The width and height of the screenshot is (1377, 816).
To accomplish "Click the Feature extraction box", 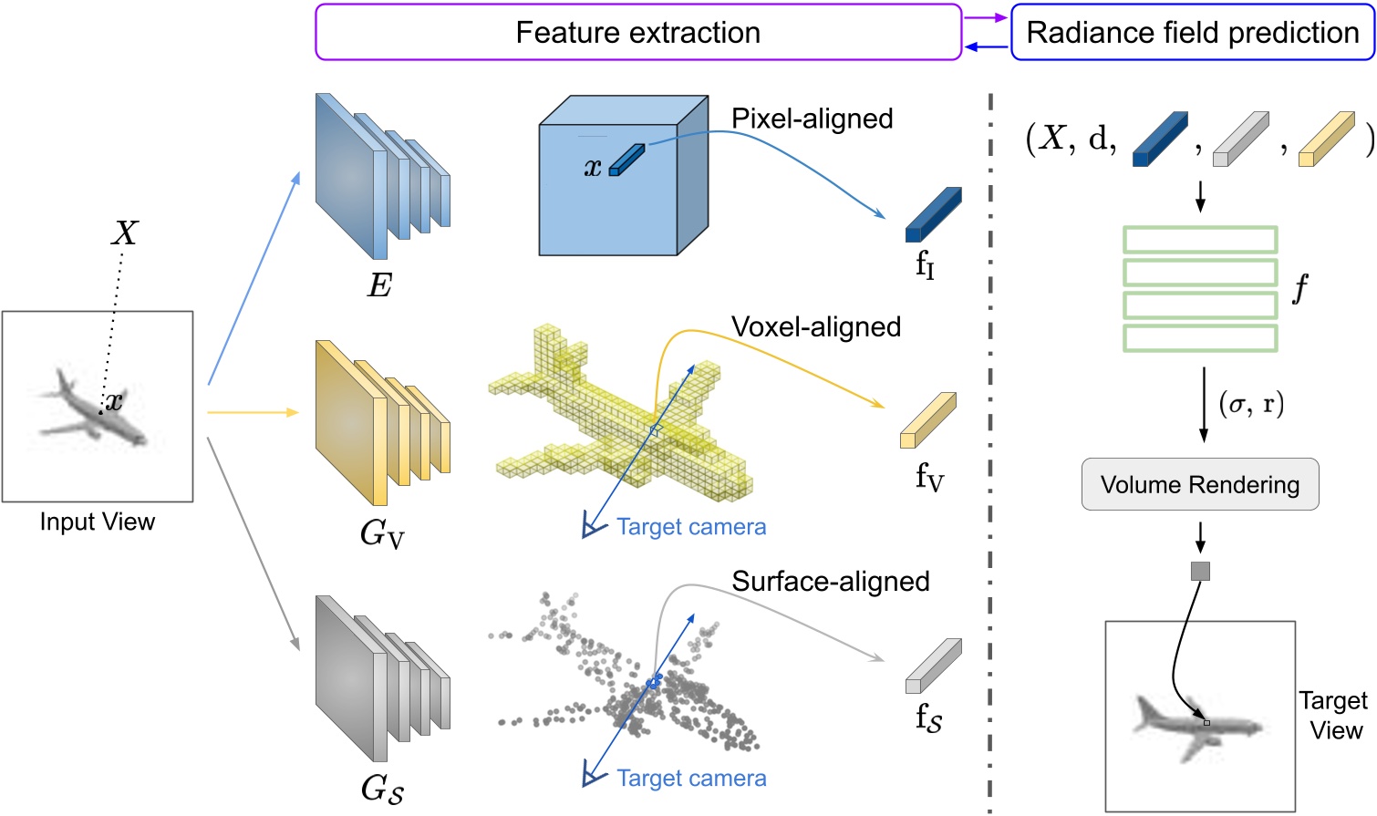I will click(x=638, y=33).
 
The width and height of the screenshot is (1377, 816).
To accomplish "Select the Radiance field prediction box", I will click(x=1192, y=33).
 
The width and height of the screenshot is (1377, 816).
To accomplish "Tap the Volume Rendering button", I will click(x=1199, y=484).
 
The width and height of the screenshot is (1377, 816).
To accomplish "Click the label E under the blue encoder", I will click(x=379, y=286).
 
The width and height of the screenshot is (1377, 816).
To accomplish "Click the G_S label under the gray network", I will click(x=381, y=789).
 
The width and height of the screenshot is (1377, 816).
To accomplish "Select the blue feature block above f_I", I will click(x=933, y=214).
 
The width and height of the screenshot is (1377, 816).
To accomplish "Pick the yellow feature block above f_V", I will click(x=927, y=420).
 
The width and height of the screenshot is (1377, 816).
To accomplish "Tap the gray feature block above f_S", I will click(x=933, y=666).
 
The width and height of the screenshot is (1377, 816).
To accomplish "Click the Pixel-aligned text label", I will click(x=812, y=119).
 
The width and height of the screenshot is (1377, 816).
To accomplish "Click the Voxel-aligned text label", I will click(x=815, y=326).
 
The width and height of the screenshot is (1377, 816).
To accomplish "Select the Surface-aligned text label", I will click(x=830, y=581).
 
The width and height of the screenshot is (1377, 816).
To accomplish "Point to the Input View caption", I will click(x=98, y=522).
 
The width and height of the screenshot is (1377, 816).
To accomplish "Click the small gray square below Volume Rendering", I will click(x=1200, y=572).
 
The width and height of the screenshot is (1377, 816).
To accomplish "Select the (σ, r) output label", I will click(x=1251, y=403).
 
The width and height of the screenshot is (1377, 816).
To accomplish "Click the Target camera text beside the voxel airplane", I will click(x=690, y=527).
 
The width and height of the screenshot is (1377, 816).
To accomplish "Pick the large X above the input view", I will click(x=124, y=233).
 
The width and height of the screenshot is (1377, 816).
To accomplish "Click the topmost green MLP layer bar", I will click(x=1199, y=240).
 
